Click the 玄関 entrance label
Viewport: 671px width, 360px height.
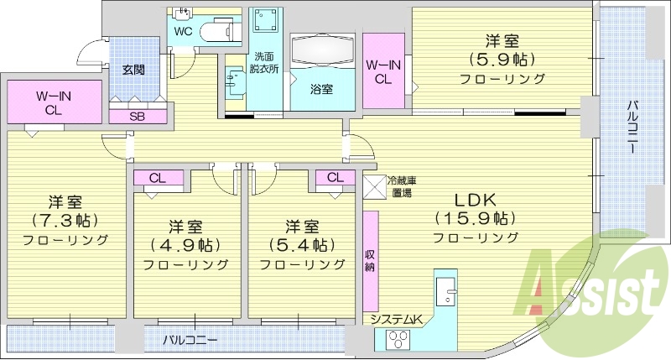[133, 70]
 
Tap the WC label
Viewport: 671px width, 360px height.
[184, 32]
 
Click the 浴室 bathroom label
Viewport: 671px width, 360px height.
[320, 88]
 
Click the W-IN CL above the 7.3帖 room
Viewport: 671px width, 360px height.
[52, 102]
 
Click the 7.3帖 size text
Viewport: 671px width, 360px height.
[65, 221]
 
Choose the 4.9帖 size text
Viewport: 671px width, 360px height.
[185, 246]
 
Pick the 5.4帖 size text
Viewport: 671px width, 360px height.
[302, 246]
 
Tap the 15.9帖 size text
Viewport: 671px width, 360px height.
[475, 219]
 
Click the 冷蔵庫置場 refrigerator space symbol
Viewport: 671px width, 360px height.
[374, 185]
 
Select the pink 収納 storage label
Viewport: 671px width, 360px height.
[370, 260]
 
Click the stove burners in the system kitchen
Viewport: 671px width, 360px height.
[396, 340]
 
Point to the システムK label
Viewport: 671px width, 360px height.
[398, 320]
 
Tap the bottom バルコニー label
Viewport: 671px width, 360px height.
[190, 341]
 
